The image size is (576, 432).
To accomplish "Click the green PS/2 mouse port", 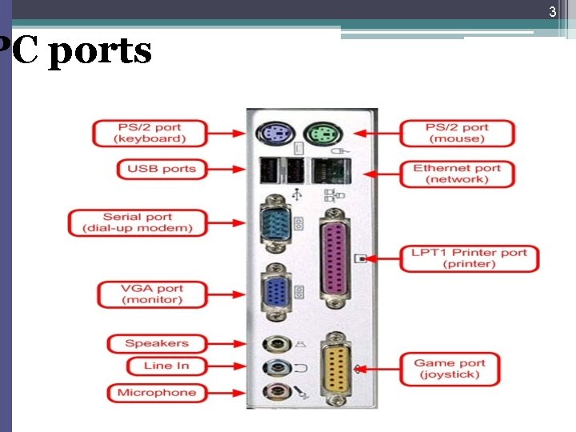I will coord(319,133).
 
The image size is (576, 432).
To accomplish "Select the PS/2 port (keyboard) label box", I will coord(150,133).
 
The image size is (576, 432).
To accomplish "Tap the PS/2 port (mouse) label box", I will coord(456,133).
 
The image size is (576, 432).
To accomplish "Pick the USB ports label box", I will coord(162,169).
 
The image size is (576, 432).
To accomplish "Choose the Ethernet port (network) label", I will coord(457,174).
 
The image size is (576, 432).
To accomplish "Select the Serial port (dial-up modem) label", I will coord(138,222).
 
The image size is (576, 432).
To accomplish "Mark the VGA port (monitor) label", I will coord(152,294).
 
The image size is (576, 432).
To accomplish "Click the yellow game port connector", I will coord(336,368).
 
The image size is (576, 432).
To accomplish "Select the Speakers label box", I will coord(157,343).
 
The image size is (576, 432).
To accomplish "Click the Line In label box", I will coord(166,366).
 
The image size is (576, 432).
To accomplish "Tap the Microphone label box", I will coord(157,392).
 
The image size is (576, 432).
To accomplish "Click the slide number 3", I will coord(551,12).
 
